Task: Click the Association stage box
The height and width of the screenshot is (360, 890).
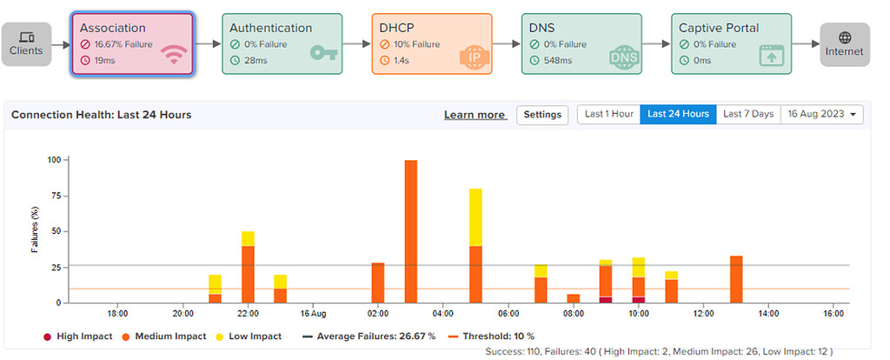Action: point(132,43)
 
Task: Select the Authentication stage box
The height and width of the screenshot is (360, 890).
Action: point(282,43)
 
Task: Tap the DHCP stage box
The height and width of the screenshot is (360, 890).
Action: point(432,43)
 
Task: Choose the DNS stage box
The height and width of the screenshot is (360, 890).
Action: point(581,43)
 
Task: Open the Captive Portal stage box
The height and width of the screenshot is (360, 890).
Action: point(731,43)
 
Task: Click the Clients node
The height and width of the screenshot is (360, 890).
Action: point(26,43)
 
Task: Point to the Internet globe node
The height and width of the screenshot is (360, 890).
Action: point(845,43)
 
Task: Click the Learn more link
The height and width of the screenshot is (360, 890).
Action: point(475,115)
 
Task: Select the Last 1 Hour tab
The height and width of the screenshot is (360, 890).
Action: point(608,115)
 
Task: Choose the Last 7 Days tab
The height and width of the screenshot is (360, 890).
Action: point(747,115)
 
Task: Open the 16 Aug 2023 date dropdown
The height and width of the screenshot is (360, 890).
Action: point(821,115)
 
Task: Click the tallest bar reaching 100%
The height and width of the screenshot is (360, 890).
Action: point(411,231)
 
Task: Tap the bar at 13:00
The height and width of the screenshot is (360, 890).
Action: point(736,279)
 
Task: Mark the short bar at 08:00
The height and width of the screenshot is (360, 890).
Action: point(573,298)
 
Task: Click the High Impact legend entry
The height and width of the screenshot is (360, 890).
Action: point(79,336)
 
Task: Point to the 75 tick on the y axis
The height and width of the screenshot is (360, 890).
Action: point(55,196)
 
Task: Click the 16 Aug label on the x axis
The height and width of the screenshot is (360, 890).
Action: point(312,313)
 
